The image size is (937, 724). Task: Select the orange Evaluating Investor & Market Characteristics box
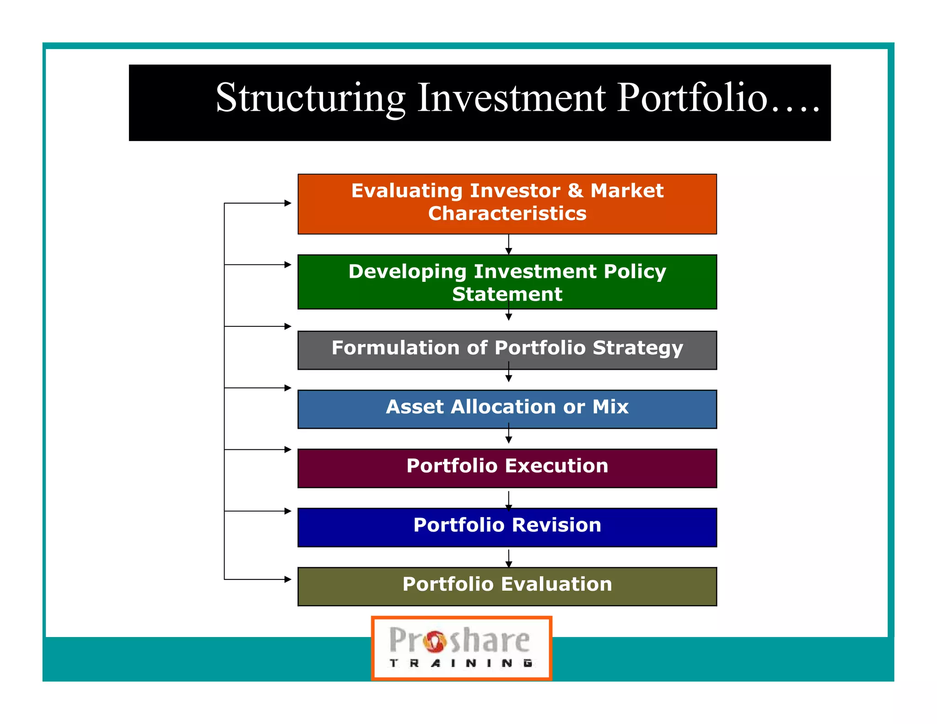507,204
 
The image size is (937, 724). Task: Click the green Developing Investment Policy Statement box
507,282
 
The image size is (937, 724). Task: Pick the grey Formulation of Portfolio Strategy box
507,350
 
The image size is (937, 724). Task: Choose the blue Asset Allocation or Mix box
507,409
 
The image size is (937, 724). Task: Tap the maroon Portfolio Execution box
507,468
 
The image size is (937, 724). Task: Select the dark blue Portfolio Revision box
507,527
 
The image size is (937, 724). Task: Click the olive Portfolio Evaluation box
507,586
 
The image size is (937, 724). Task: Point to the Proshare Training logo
461,648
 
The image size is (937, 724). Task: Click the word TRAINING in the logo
461,663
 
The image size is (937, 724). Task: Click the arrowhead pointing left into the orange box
288,203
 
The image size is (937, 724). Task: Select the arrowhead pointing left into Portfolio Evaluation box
288,579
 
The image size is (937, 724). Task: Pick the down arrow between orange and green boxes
508,250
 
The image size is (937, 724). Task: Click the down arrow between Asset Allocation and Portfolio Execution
508,439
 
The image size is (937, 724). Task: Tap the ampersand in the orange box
575,191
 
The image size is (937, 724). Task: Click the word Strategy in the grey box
638,348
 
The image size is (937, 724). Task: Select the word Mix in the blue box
610,407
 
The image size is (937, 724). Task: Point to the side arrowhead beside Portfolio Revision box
288,511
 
